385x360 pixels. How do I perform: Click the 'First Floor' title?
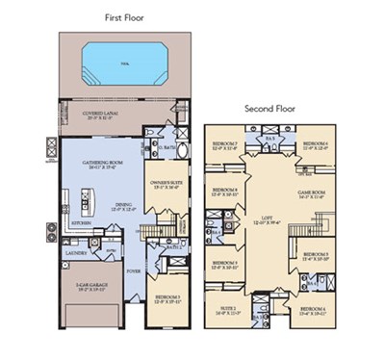[x=126, y=18]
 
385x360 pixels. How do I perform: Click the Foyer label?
[x=131, y=270]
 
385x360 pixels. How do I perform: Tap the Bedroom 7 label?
[x=230, y=144]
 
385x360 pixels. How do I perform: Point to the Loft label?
[x=275, y=219]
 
